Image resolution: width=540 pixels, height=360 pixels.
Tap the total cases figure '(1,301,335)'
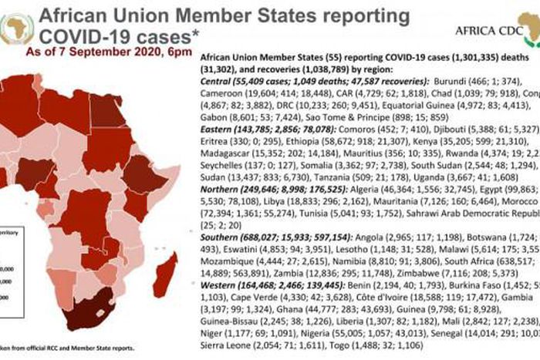(x=454, y=57)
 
